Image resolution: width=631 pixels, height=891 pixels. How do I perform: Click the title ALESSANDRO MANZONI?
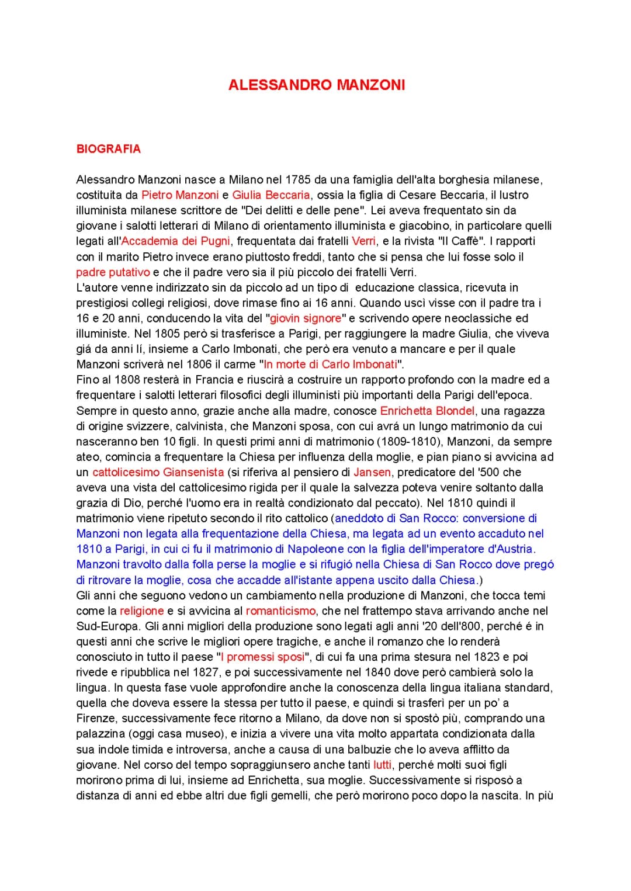[x=316, y=85]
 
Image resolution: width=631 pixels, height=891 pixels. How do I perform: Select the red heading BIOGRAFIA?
[x=109, y=149]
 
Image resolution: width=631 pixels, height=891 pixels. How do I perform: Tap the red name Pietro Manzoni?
[x=180, y=195]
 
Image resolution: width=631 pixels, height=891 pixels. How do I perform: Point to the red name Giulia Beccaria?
[x=271, y=195]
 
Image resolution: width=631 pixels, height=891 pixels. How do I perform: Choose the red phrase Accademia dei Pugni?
[x=176, y=241]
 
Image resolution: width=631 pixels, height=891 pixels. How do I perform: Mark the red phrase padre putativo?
[x=113, y=272]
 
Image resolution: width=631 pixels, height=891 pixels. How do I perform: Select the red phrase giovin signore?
[x=305, y=318]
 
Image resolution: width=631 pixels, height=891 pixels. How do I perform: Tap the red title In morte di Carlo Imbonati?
[x=330, y=365]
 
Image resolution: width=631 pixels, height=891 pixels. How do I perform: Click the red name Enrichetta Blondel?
[x=427, y=411]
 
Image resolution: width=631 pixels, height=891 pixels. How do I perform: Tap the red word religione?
[x=141, y=611]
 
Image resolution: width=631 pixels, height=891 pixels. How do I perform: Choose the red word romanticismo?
[x=280, y=611]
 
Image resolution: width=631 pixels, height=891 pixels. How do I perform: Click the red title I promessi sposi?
[x=262, y=657]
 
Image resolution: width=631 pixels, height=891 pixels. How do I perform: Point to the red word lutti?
[x=382, y=765]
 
